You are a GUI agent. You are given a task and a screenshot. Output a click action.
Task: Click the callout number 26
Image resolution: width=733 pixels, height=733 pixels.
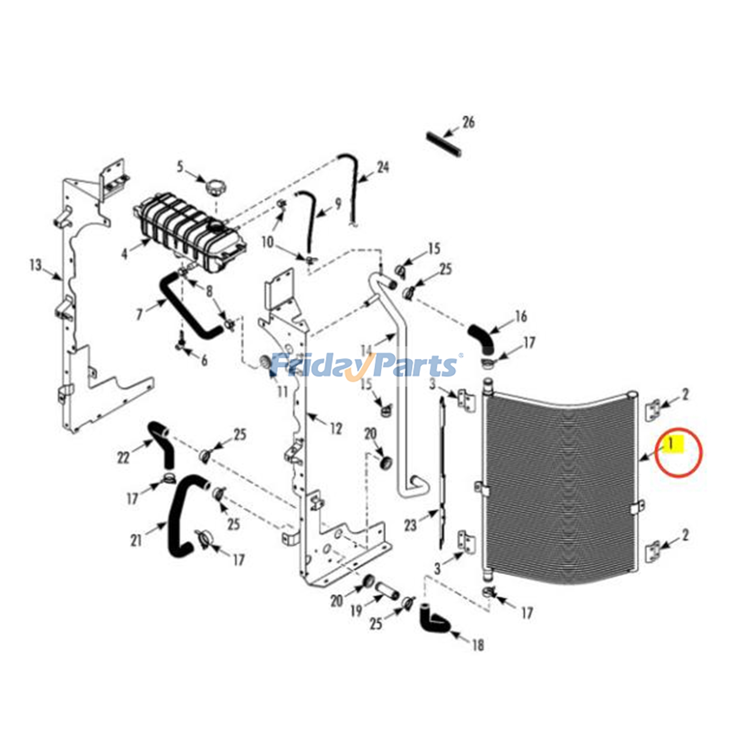468,122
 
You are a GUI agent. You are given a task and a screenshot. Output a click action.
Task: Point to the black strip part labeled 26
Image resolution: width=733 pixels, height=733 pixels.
444,144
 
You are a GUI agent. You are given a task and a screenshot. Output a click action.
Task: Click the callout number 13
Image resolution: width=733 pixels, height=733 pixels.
35,265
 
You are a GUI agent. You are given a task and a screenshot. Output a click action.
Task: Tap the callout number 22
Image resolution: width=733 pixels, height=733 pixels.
123,457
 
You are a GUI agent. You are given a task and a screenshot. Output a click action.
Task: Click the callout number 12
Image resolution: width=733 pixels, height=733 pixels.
336,429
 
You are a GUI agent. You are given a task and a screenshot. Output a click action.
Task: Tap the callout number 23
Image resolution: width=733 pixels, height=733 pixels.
410,525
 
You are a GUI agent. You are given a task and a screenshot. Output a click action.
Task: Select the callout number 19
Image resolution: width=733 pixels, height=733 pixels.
356,610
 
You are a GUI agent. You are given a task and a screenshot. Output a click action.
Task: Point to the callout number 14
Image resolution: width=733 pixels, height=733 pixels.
366,350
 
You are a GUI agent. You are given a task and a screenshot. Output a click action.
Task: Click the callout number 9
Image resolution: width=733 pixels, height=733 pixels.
338,203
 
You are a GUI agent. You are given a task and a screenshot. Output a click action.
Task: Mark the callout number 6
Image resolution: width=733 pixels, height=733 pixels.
204,360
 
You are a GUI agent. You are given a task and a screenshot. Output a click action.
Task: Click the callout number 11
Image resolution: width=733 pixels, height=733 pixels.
282,392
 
